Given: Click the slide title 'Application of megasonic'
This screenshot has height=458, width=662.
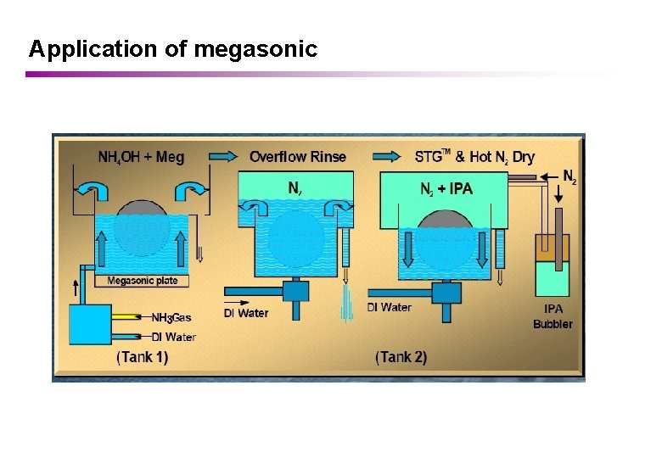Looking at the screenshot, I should pyautogui.click(x=172, y=49).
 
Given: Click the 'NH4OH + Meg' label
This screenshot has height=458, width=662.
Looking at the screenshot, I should pyautogui.click(x=141, y=157).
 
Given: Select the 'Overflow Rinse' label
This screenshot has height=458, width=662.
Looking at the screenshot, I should pyautogui.click(x=298, y=156).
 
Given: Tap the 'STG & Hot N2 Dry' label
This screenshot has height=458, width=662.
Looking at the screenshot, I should pyautogui.click(x=474, y=156).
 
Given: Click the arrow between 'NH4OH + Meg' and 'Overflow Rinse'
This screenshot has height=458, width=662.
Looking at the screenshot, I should pyautogui.click(x=223, y=156).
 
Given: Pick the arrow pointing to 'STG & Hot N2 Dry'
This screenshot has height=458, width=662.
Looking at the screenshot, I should pyautogui.click(x=387, y=156).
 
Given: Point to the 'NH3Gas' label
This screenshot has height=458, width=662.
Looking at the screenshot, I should pyautogui.click(x=171, y=318).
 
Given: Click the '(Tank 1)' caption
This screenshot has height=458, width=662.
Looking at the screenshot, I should pyautogui.click(x=143, y=357).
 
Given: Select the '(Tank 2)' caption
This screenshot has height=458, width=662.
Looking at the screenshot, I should pyautogui.click(x=401, y=357).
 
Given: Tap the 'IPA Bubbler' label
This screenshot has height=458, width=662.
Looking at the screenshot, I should pyautogui.click(x=553, y=316).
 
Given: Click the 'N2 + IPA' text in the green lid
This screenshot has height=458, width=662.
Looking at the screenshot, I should pyautogui.click(x=446, y=189).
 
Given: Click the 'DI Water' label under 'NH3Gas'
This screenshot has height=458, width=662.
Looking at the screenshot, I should pyautogui.click(x=174, y=337).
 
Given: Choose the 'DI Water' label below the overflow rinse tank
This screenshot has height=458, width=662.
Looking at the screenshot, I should pyautogui.click(x=245, y=313).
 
